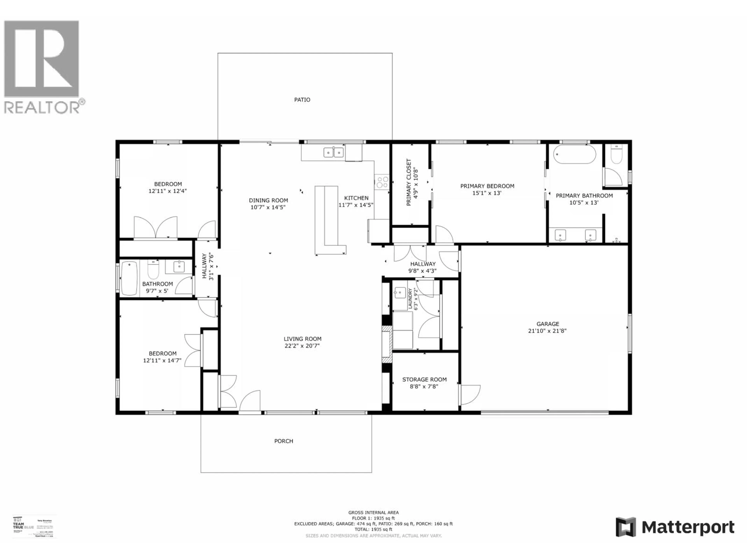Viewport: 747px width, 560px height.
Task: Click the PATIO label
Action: (x=302, y=100)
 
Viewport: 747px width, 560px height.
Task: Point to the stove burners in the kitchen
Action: (x=382, y=182)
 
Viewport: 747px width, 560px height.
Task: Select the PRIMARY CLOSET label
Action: (x=409, y=182)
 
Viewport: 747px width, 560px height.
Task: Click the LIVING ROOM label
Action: (x=302, y=339)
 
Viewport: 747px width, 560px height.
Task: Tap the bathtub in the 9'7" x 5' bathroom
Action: (x=129, y=278)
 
